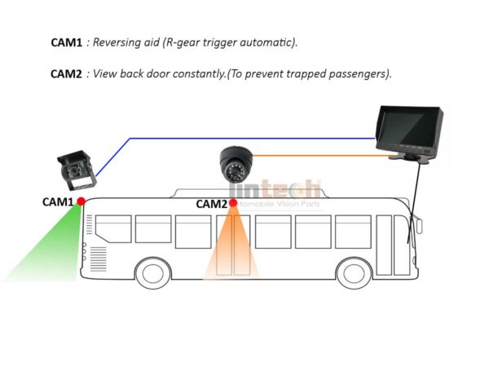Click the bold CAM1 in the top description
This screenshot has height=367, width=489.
pyautogui.click(x=65, y=41)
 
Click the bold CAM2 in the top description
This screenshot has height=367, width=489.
pyautogui.click(x=65, y=73)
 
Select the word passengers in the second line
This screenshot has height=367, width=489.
pyautogui.click(x=353, y=73)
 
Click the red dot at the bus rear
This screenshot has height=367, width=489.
pyautogui.click(x=81, y=201)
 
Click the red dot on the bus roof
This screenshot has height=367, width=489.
pyautogui.click(x=233, y=203)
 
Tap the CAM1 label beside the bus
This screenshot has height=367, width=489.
pyautogui.click(x=59, y=201)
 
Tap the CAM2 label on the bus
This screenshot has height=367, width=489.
pyautogui.click(x=211, y=204)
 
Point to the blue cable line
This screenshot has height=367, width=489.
pyautogui.click(x=244, y=138)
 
